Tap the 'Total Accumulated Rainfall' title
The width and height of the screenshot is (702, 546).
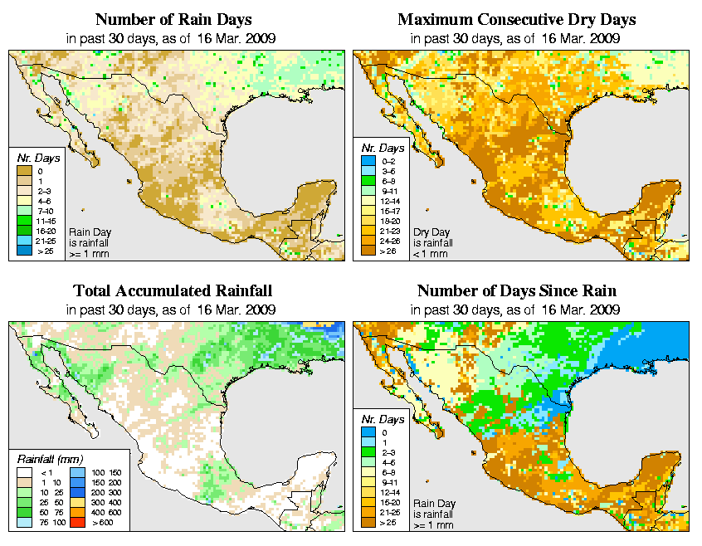coord(172,291)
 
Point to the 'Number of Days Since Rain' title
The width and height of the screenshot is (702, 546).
coord(517,291)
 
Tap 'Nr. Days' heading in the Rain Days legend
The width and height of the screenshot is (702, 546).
coord(34,158)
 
